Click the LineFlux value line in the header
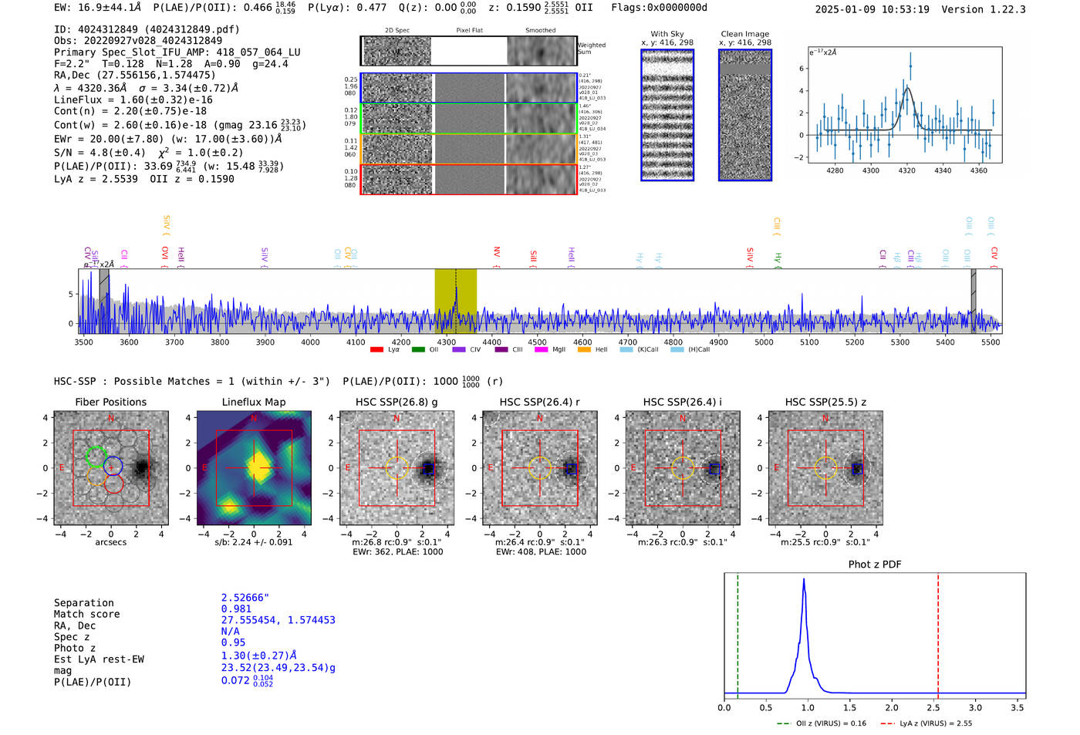[x=133, y=99]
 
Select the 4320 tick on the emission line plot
[x=906, y=170]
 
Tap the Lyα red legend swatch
[x=376, y=350]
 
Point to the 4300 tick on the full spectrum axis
[x=447, y=342]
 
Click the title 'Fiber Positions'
[x=110, y=402]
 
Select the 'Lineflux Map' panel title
[x=253, y=402]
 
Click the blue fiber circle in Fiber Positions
[x=113, y=466]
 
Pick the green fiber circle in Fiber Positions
[x=96, y=457]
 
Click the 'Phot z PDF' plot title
[x=874, y=565]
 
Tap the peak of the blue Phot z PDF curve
[x=804, y=580]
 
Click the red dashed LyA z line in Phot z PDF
[x=938, y=632]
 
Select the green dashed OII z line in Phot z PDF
[x=737, y=632]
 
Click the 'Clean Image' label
[x=744, y=34]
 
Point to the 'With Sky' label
[x=667, y=34]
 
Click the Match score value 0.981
[x=236, y=609]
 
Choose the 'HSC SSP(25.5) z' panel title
[x=825, y=402]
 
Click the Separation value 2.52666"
[x=245, y=598]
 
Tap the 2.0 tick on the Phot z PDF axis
[x=891, y=707]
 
